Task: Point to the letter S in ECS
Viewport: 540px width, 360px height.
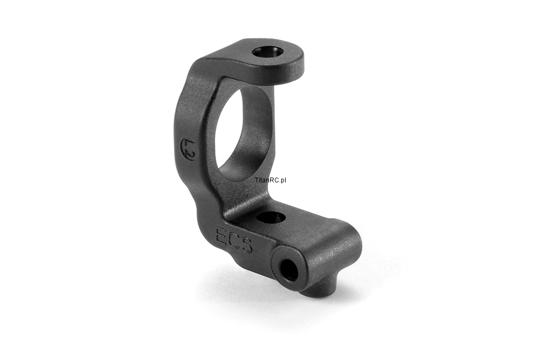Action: click(246, 244)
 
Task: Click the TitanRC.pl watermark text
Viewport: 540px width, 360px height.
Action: click(271, 180)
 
